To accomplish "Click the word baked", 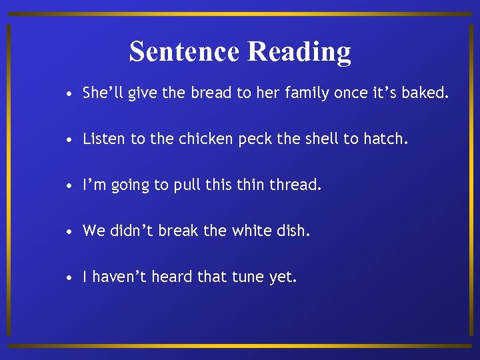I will pyautogui.click(x=427, y=93).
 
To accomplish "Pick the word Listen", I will pyautogui.click(x=104, y=139).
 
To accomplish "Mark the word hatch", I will pyautogui.click(x=385, y=139).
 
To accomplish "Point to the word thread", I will pyautogui.click(x=295, y=185).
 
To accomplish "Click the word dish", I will pyautogui.click(x=293, y=231).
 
